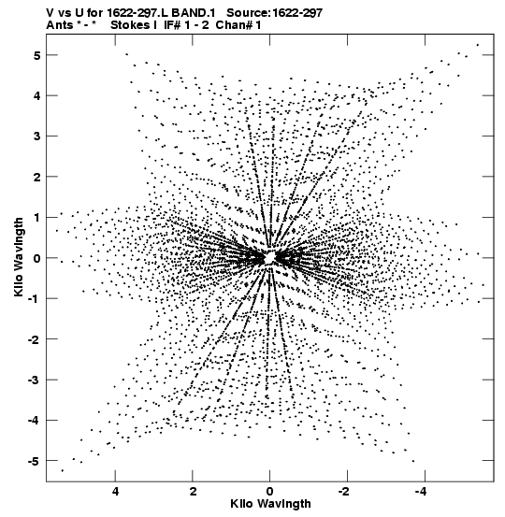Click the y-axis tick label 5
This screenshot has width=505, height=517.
click(36, 55)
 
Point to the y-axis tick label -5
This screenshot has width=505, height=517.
click(34, 461)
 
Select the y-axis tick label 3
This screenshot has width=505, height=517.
click(36, 136)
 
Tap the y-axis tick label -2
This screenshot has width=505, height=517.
click(34, 339)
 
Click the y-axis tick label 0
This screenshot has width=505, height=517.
click(36, 258)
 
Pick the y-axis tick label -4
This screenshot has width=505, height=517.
click(34, 421)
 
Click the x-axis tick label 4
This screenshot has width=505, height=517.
click(115, 492)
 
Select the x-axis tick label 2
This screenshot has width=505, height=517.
click(193, 492)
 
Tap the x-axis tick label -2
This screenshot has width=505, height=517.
click(345, 492)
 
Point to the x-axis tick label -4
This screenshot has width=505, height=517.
click(422, 492)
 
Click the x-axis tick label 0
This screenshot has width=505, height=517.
click(270, 492)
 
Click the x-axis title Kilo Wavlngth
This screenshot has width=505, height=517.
click(270, 504)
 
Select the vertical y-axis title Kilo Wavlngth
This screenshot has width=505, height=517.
click(19, 257)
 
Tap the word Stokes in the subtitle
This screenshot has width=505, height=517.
click(131, 25)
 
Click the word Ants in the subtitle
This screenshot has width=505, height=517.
click(60, 25)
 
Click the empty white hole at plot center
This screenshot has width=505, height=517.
click(270, 257)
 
